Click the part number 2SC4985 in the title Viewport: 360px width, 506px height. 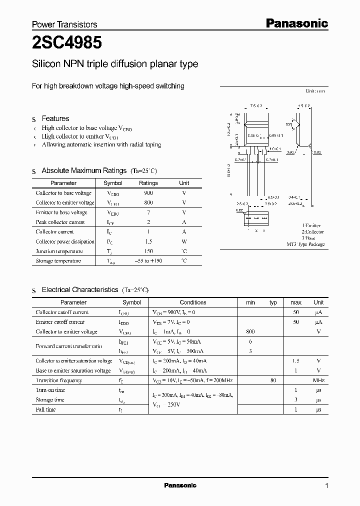click(x=67, y=43)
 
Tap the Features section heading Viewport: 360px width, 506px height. click(x=55, y=118)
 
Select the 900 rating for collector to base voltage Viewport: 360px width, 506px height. click(x=148, y=193)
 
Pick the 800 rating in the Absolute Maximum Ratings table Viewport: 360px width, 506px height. click(x=148, y=202)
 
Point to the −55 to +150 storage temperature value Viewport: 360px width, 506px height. click(x=148, y=261)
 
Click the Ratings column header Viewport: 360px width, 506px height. click(x=148, y=183)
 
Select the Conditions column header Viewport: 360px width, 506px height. click(x=193, y=302)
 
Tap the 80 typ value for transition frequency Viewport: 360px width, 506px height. click(x=273, y=380)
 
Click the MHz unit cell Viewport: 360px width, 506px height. click(x=318, y=380)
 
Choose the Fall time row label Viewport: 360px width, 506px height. click(x=45, y=409)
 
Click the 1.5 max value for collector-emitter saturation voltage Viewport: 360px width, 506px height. click(x=296, y=360)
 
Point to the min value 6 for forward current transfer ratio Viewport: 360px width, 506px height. click(x=250, y=341)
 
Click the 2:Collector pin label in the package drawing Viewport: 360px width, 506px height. click(x=312, y=231)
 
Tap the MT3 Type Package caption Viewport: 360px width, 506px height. click(x=305, y=244)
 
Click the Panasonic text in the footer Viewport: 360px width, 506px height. click(x=180, y=485)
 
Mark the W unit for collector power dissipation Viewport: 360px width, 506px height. click(x=184, y=241)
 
